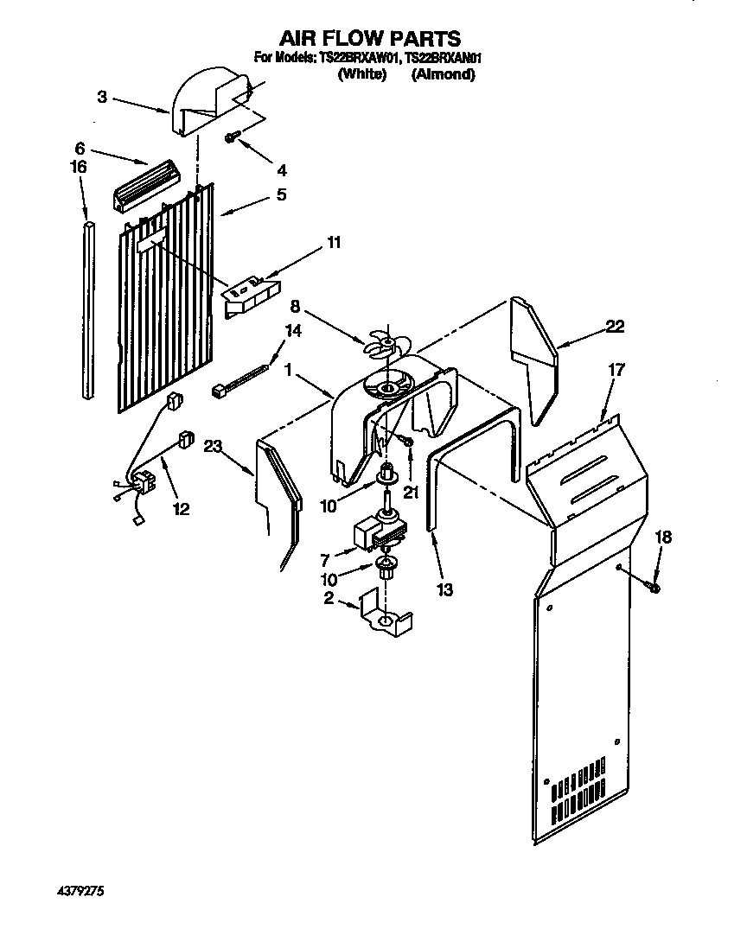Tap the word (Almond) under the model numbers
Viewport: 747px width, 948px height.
click(x=443, y=75)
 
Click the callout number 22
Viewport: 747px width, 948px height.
click(x=615, y=327)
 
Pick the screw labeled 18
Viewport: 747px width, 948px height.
click(x=654, y=587)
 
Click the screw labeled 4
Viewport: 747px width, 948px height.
click(x=233, y=137)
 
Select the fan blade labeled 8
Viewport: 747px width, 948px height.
click(x=380, y=344)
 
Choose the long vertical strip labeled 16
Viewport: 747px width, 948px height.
click(x=89, y=311)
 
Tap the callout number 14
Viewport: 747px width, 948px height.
click(x=293, y=330)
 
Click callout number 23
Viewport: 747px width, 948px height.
click(x=214, y=446)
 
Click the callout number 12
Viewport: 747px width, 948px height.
click(x=180, y=509)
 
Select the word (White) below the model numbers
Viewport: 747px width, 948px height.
click(x=361, y=75)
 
